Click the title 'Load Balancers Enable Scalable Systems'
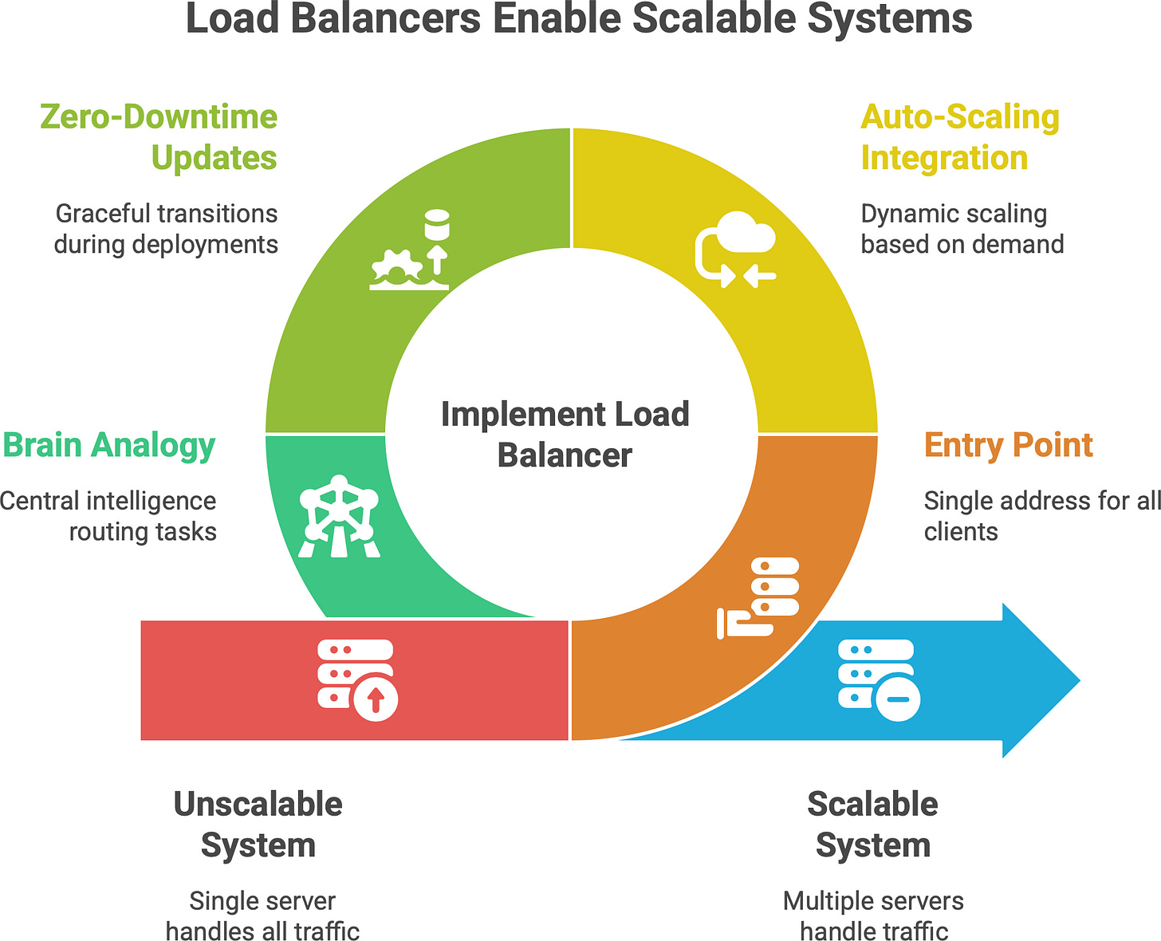pos(579,19)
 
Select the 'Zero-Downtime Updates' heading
pos(159,137)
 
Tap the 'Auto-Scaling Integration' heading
pos(959,137)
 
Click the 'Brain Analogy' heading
pos(108,445)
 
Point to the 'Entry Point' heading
pos(1008,445)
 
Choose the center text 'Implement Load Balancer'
pos(565,435)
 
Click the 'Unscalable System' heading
pos(258,825)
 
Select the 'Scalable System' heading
pos(873,825)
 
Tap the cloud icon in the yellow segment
pos(735,248)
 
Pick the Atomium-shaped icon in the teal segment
pos(340,516)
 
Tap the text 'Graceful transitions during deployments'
pos(166,229)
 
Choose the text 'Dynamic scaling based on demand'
pos(962,229)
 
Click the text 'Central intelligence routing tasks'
pos(108,516)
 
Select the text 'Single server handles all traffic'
pos(262,915)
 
